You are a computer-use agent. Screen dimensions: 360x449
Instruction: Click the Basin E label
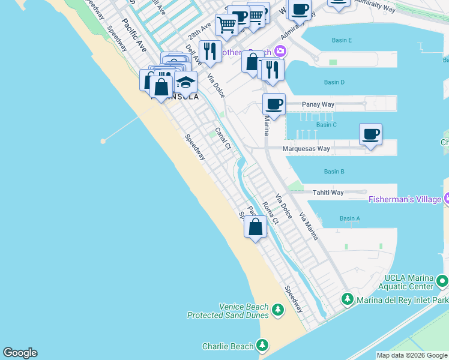[x=342, y=40]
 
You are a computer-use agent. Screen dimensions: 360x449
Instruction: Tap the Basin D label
[x=334, y=82]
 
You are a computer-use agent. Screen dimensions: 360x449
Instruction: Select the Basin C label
[x=327, y=125]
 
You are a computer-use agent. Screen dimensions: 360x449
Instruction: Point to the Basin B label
[x=334, y=172]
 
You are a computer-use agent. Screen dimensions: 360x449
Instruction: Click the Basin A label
[x=349, y=218]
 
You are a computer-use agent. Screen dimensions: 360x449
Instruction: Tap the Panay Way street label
[x=318, y=104]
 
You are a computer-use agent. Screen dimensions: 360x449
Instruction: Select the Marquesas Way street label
[x=307, y=149]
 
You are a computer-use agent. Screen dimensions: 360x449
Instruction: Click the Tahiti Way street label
[x=328, y=193]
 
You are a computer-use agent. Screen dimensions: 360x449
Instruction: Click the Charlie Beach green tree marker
[x=262, y=346]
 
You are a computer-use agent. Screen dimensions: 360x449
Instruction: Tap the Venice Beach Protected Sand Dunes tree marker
[x=277, y=310]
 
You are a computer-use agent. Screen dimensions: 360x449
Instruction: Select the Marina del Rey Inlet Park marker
[x=347, y=299]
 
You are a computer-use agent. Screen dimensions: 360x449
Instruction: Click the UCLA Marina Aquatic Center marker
[x=442, y=281]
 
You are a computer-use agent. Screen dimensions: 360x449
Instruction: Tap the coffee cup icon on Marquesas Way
[x=370, y=133]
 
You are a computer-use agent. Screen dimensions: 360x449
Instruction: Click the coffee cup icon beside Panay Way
[x=274, y=104]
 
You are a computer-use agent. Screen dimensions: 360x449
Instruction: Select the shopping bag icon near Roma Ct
[x=256, y=227]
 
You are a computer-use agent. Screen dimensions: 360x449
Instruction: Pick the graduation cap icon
[x=185, y=82]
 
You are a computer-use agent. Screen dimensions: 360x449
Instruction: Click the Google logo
[x=20, y=353]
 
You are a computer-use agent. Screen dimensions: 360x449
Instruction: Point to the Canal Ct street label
[x=223, y=138]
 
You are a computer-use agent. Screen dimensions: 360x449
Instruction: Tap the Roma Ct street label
[x=271, y=213]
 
